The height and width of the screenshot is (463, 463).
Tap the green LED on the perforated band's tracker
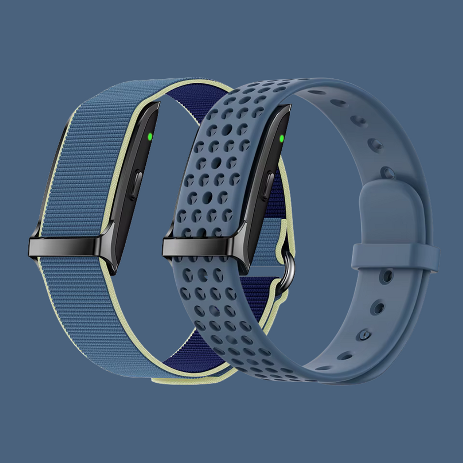tap(281, 138)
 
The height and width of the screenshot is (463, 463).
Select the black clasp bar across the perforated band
tap(202, 245)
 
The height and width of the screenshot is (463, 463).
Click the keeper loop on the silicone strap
tap(394, 256)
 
